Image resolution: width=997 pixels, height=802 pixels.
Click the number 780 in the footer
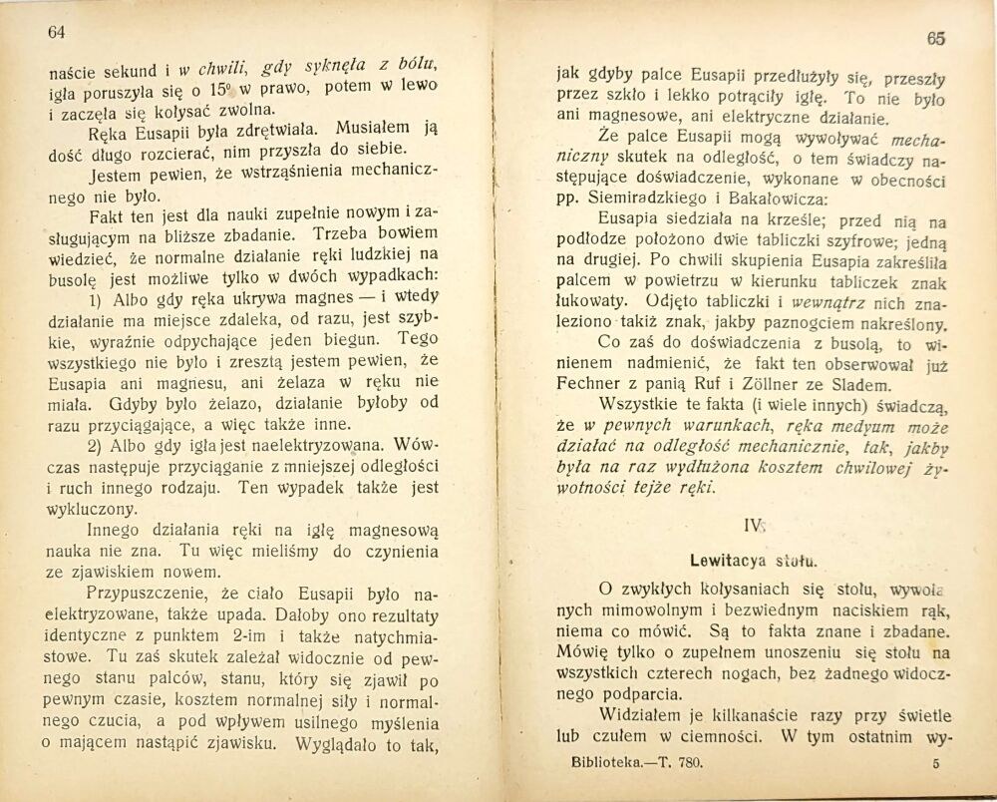pyautogui.click(x=689, y=761)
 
